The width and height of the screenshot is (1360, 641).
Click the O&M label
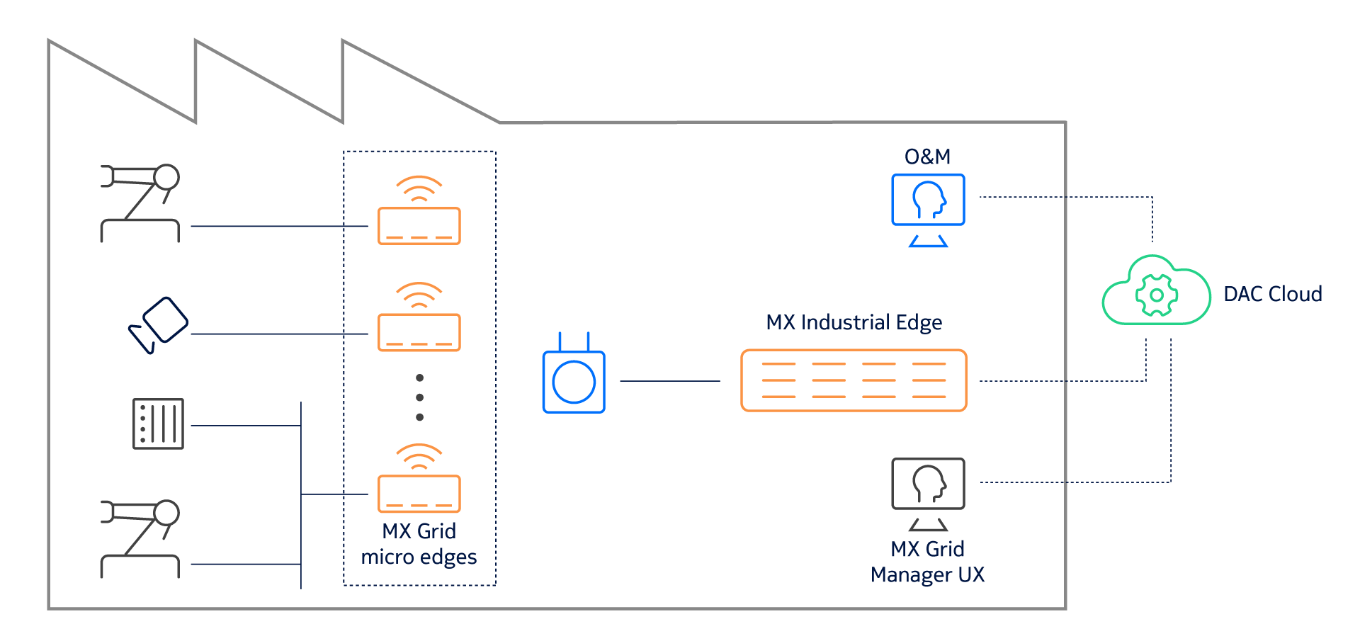click(927, 157)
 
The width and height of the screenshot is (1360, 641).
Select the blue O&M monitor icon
click(928, 200)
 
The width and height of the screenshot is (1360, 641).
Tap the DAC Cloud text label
click(1273, 294)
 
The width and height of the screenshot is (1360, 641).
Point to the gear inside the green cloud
click(1157, 295)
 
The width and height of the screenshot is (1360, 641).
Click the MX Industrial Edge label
click(854, 322)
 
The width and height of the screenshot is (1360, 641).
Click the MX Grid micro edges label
click(419, 544)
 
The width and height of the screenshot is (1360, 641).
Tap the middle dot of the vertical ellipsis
click(420, 397)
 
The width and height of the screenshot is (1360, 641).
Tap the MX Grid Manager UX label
click(928, 562)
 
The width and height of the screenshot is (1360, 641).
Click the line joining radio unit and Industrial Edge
click(670, 381)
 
